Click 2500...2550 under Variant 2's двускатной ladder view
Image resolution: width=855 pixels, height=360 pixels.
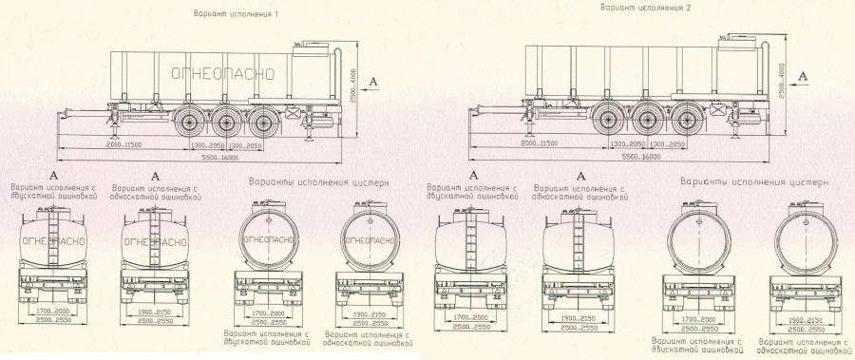point(465,327)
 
